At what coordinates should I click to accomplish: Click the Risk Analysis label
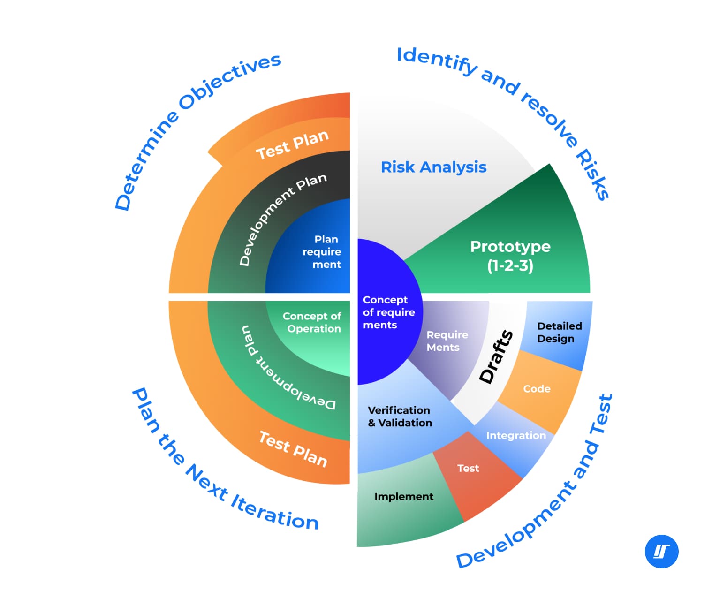point(433,167)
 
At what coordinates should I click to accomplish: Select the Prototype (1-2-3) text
point(510,256)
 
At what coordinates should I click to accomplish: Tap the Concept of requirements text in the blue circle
point(388,312)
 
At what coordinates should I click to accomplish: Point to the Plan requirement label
point(322,252)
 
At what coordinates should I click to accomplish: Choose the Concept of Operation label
point(312,322)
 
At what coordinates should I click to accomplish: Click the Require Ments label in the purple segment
point(447,341)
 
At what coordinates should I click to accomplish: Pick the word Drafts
point(496,356)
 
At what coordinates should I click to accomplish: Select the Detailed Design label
point(559,332)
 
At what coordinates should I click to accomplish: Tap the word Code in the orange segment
point(537,389)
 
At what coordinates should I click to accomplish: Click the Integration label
point(516,435)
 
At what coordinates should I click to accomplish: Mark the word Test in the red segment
point(468,468)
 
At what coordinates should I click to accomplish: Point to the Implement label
point(403,496)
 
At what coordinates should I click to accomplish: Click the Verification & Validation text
point(400,417)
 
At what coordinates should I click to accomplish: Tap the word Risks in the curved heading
point(592,175)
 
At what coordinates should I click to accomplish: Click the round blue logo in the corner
point(661,552)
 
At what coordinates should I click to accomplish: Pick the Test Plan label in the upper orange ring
point(292,144)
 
